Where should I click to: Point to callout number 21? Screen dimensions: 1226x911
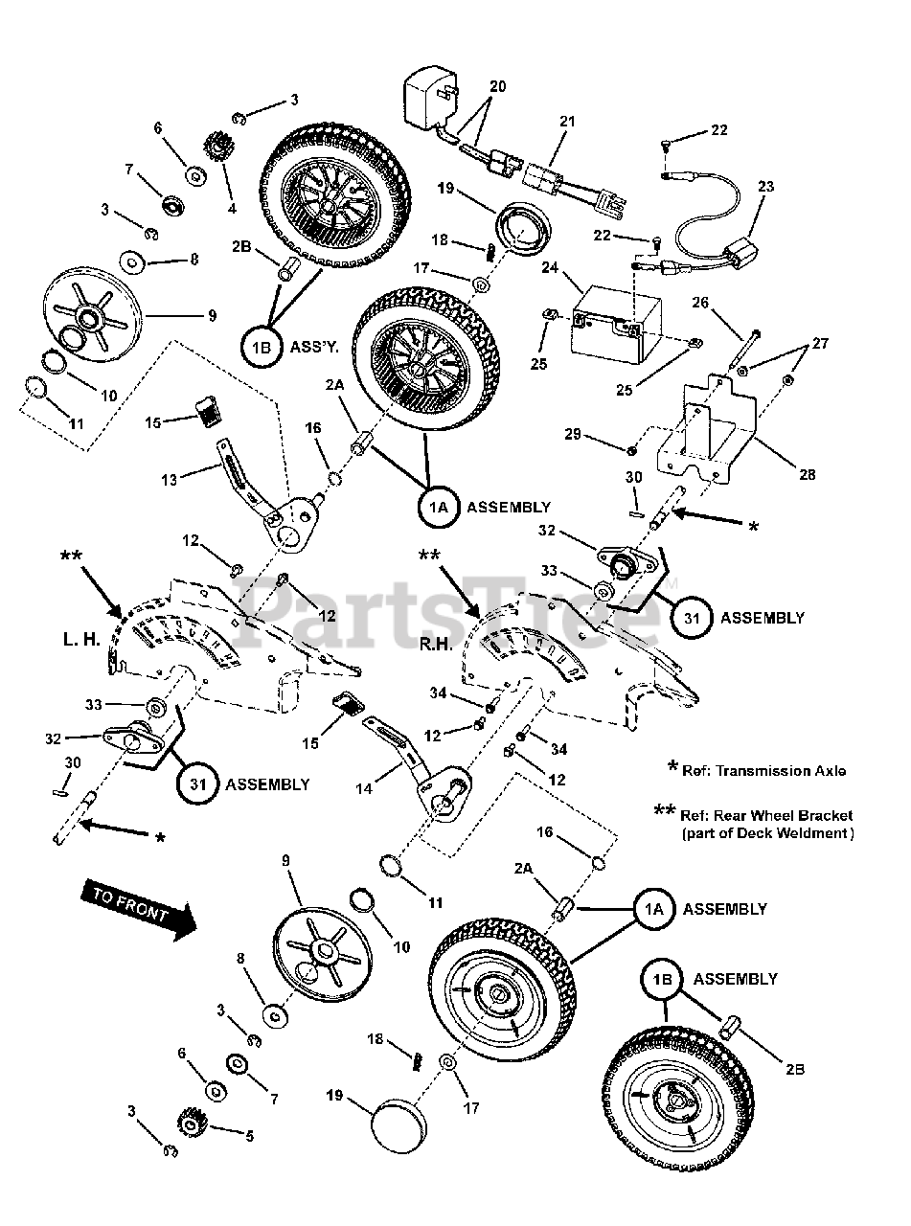(566, 122)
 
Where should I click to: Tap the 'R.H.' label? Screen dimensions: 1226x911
(435, 645)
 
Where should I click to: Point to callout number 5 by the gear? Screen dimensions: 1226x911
(249, 1137)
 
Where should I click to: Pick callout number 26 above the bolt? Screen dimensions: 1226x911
(700, 304)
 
